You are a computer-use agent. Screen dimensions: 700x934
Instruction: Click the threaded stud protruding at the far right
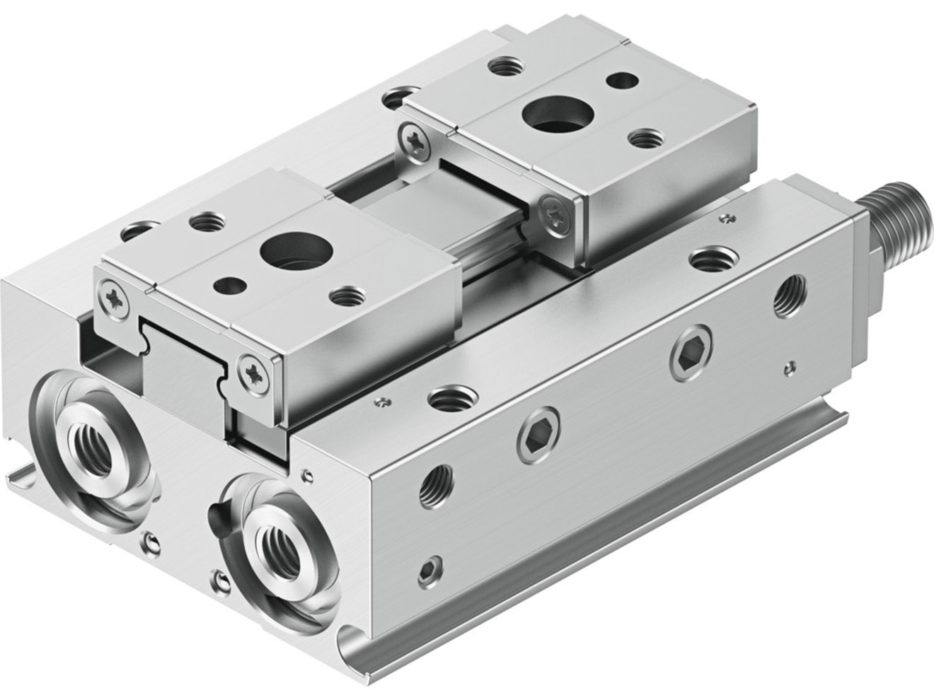pyautogui.click(x=899, y=211)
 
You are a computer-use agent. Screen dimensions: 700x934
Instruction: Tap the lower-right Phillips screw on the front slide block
pyautogui.click(x=253, y=373)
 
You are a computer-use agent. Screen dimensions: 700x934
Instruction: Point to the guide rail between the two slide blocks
pyautogui.click(x=439, y=212)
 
